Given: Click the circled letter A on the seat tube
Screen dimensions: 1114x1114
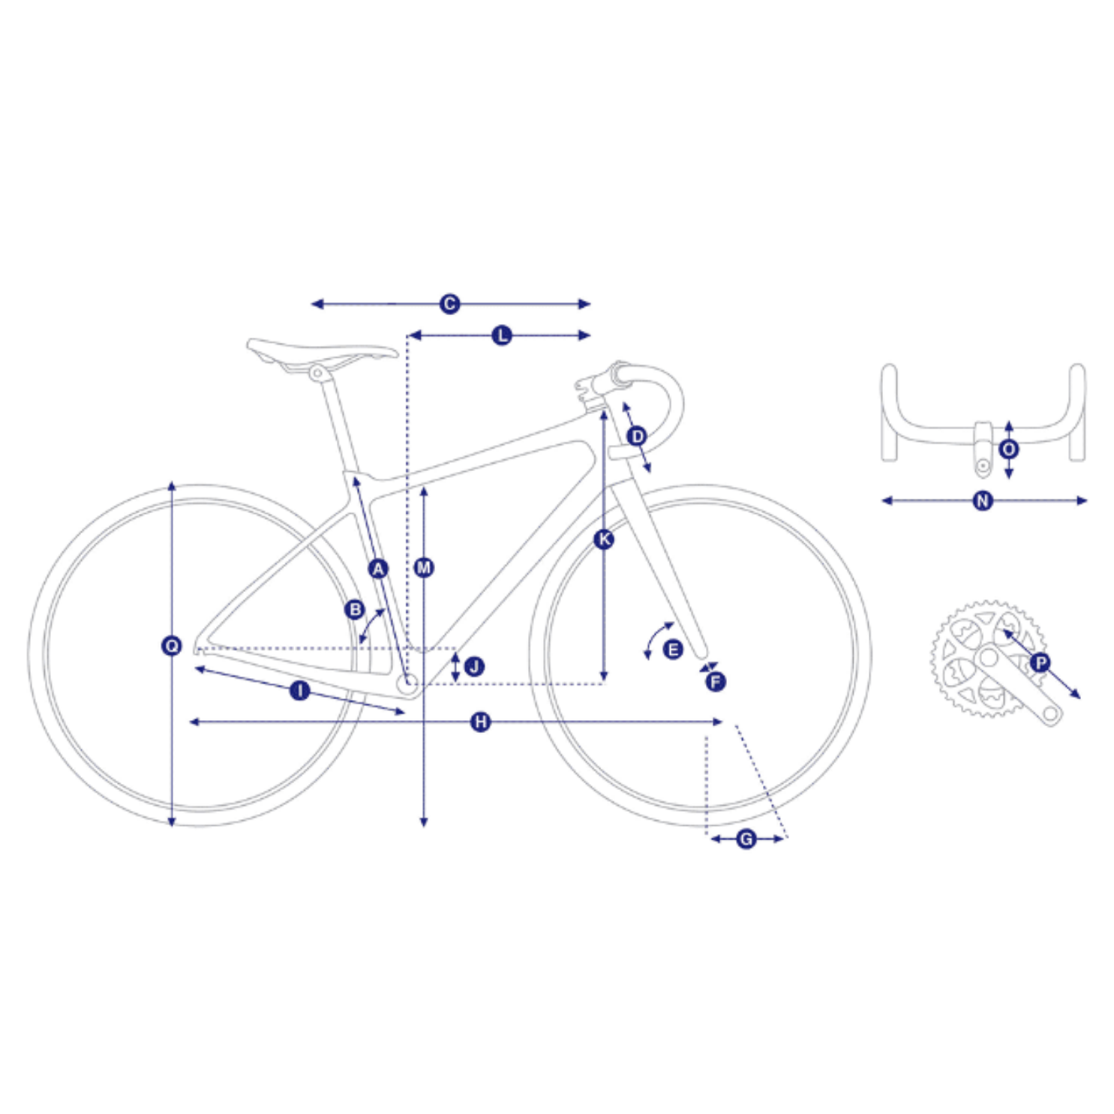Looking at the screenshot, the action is pyautogui.click(x=378, y=568).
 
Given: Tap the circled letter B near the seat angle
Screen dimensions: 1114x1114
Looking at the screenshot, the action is pyautogui.click(x=355, y=609).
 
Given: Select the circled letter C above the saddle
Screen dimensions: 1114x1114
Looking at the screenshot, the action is pyautogui.click(x=449, y=304).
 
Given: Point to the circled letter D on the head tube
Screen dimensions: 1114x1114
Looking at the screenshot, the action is pyautogui.click(x=636, y=436).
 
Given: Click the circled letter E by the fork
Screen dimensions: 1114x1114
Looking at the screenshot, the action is pyautogui.click(x=673, y=649).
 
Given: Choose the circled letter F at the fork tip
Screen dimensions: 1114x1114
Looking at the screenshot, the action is pyautogui.click(x=715, y=681).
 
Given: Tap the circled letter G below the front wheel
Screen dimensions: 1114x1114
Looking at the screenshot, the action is pyautogui.click(x=746, y=839).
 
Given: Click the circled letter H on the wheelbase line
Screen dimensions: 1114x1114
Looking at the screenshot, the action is pyautogui.click(x=480, y=722).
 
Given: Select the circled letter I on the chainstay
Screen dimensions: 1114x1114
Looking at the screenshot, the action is pyautogui.click(x=299, y=690).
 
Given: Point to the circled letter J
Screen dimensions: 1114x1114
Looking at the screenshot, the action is pyautogui.click(x=474, y=666).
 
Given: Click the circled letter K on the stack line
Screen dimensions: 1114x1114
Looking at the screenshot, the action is pyautogui.click(x=603, y=539).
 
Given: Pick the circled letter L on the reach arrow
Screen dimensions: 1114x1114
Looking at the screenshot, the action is pyautogui.click(x=502, y=335).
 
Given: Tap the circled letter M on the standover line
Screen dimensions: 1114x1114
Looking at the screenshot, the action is pyautogui.click(x=424, y=567).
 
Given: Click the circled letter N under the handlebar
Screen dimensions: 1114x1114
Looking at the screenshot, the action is pyautogui.click(x=982, y=500).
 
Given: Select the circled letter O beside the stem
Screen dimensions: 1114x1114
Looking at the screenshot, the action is pyautogui.click(x=1009, y=449).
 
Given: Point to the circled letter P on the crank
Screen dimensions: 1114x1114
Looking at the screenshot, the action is pyautogui.click(x=1040, y=662).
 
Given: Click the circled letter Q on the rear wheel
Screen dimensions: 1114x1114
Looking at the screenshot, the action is pyautogui.click(x=172, y=645).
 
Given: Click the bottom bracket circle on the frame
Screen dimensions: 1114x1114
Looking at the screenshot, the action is pyautogui.click(x=410, y=683).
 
